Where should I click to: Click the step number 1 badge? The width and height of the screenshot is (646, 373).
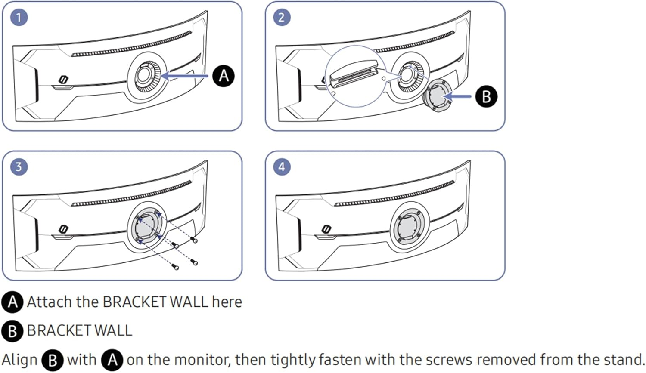19,18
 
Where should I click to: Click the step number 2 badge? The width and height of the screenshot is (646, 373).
282,18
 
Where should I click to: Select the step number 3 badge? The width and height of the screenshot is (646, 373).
19,167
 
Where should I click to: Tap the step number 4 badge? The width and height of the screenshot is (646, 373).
282,167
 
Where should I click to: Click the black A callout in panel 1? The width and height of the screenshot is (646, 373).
224,76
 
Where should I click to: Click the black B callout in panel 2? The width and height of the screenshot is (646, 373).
486,96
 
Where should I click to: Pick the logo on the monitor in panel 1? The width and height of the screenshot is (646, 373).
63,80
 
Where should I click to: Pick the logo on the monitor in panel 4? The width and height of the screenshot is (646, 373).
326,229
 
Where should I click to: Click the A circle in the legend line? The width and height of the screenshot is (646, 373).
12,302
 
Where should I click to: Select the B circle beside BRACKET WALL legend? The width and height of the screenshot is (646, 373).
12,331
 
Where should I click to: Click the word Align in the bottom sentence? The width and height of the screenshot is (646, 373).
19,360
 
